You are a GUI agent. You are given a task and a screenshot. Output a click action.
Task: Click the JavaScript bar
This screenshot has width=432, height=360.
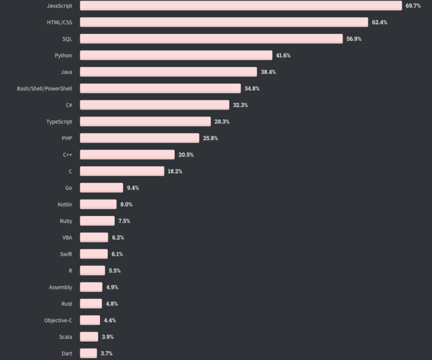[241, 6]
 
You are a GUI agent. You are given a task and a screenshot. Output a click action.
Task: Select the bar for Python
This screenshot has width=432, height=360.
[176, 55]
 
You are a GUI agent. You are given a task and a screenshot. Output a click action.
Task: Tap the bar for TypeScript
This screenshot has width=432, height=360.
[145, 122]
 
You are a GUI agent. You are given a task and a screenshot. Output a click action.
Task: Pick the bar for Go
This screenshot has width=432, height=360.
[101, 187]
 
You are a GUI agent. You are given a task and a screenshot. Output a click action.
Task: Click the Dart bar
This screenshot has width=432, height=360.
[88, 353]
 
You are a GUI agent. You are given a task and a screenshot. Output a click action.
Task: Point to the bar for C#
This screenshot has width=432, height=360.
[155, 105]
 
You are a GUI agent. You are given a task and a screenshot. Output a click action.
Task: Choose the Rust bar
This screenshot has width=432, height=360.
[91, 304]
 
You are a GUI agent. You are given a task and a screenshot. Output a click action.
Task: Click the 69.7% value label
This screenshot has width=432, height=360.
[413, 6]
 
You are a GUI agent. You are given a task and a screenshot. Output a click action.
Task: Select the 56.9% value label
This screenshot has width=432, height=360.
[354, 39]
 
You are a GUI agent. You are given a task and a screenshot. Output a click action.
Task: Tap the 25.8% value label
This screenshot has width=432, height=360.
[210, 138]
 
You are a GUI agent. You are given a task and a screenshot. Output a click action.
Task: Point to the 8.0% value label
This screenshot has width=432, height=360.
[127, 204]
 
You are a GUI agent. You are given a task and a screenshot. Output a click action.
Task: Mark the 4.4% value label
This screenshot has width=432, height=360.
[110, 320]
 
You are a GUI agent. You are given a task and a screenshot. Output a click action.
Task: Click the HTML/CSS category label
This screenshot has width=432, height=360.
[59, 22]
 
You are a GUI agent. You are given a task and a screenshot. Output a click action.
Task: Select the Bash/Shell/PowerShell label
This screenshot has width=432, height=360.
[45, 88]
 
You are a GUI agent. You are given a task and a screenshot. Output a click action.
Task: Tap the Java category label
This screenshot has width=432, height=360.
[66, 72]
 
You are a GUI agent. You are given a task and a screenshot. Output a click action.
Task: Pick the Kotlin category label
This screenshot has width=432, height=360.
[65, 204]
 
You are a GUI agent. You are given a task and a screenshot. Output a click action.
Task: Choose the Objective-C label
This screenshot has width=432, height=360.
[58, 320]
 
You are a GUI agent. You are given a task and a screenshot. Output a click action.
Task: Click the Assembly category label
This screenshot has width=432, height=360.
[60, 287]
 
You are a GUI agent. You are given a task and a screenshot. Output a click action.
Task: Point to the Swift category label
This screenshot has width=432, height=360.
[66, 254]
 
